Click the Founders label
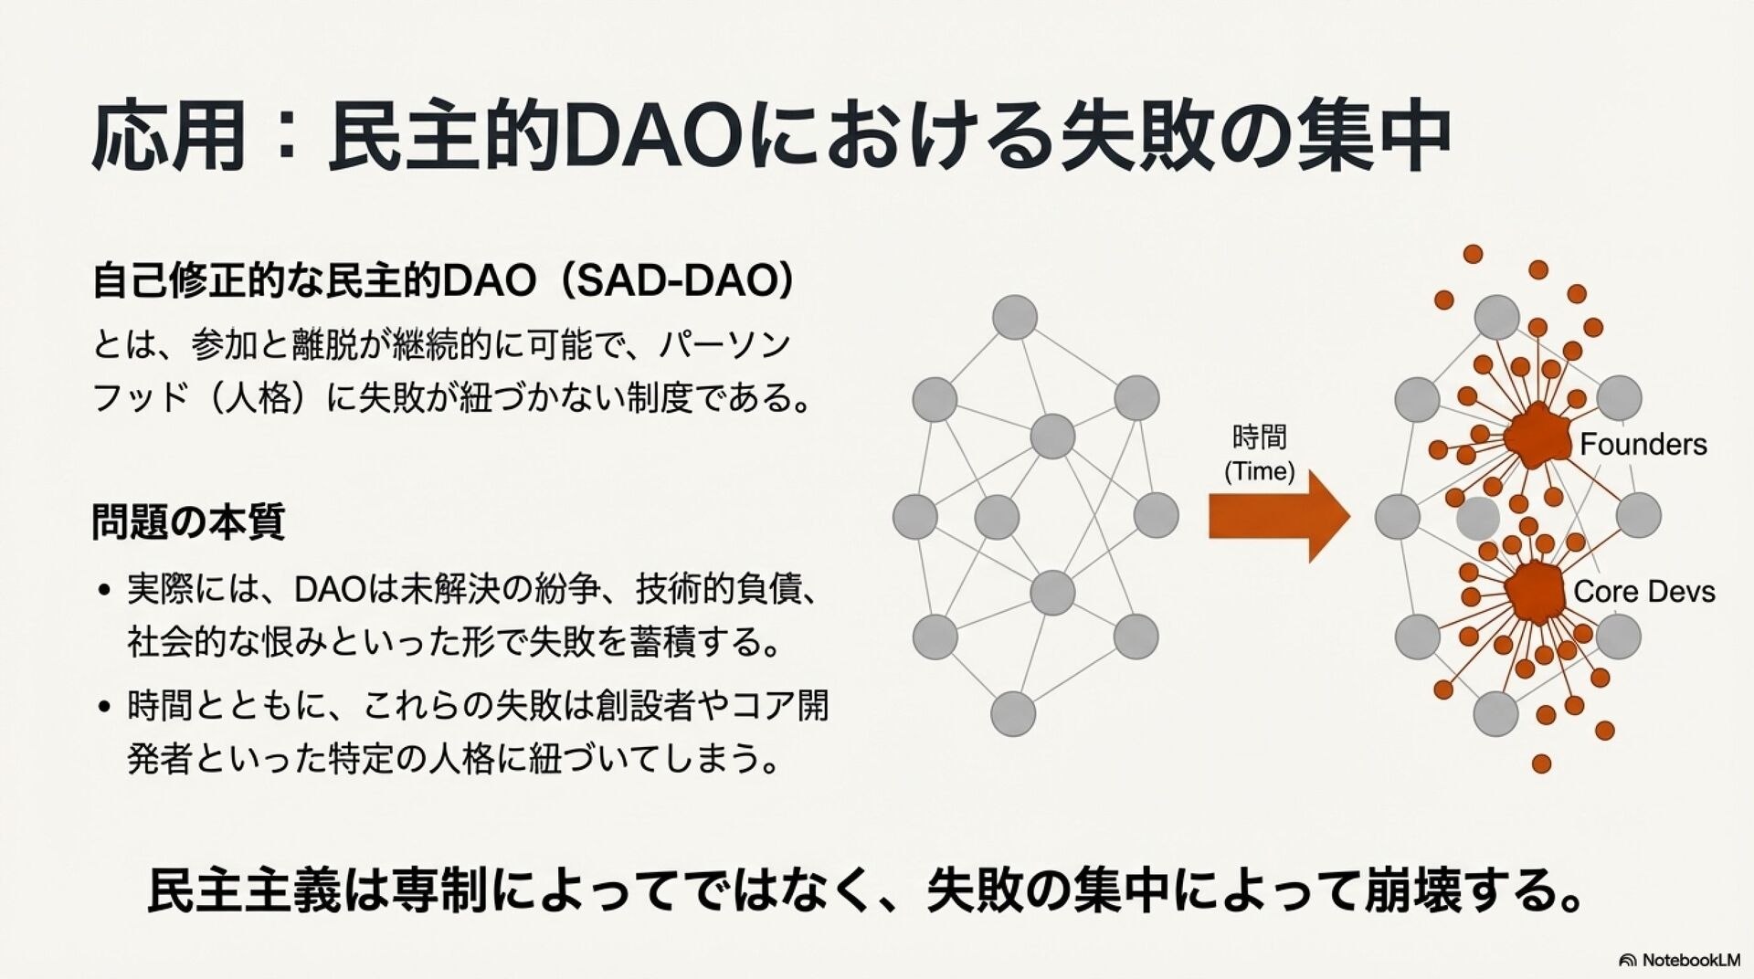click(x=1643, y=445)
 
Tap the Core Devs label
click(x=1643, y=592)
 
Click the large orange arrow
click(x=1278, y=516)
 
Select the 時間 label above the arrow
click(x=1259, y=437)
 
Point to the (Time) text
click(x=1259, y=471)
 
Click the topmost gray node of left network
click(x=1014, y=318)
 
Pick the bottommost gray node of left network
click(x=1013, y=713)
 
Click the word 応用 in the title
click(x=169, y=137)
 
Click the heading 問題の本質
click(x=188, y=522)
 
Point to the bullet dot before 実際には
click(x=105, y=591)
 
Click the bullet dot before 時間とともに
click(x=105, y=707)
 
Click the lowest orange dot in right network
click(x=1541, y=763)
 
